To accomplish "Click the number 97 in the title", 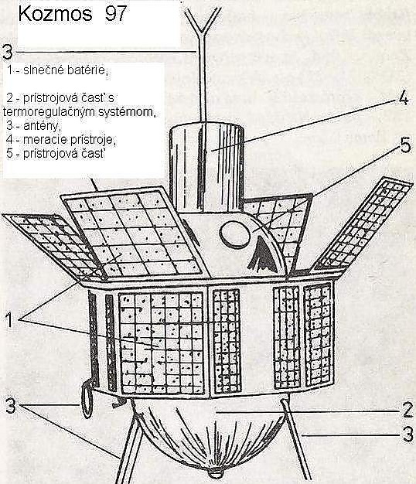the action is click(x=116, y=14).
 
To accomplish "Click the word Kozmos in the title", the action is click(x=55, y=14).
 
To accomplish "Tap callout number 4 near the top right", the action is click(x=404, y=99).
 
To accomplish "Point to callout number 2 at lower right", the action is click(x=407, y=410).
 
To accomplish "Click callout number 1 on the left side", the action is click(x=9, y=319).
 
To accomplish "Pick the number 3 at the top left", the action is click(x=8, y=52).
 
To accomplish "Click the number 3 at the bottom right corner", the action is click(x=408, y=435).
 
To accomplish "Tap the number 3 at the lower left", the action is click(x=11, y=406).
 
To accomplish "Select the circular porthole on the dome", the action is click(x=234, y=234).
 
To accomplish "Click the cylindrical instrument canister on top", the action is click(x=206, y=167).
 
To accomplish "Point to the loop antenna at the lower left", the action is click(x=87, y=398).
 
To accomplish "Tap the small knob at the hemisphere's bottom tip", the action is click(x=215, y=473).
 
